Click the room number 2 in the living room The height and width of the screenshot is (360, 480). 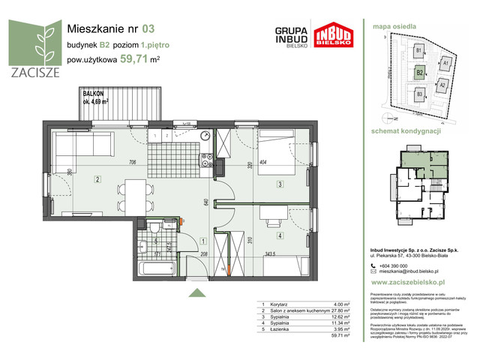pos(97,178)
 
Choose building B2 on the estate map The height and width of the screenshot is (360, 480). pos(420,72)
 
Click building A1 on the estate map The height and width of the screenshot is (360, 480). pos(444,64)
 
